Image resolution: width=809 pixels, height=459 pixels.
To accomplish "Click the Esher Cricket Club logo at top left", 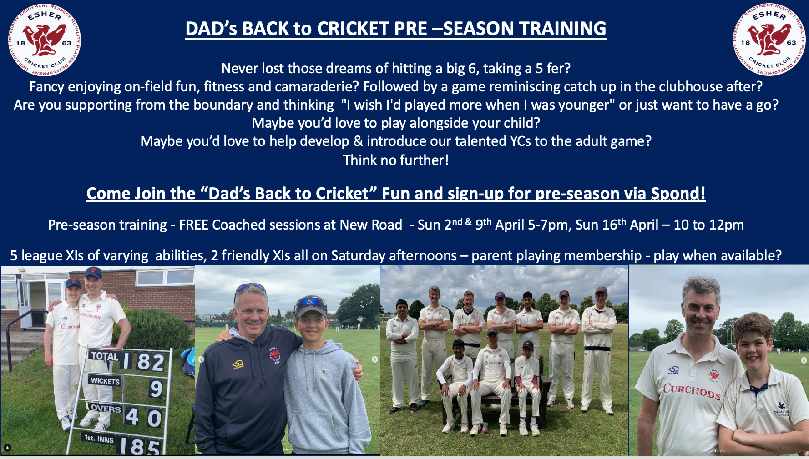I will tap(44, 40).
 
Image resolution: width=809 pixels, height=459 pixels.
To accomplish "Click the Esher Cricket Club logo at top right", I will tap(769, 40).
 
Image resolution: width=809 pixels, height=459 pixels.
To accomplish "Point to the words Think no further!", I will tap(395, 160).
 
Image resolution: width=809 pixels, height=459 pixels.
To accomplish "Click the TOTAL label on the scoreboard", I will tap(104, 356).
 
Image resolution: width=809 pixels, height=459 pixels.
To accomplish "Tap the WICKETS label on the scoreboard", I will tap(105, 381).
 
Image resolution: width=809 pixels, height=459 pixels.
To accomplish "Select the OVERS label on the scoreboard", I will tap(106, 408).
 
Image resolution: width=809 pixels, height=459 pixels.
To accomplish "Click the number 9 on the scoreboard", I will tap(156, 389).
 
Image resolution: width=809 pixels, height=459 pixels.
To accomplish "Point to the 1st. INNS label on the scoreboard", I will tap(99, 439).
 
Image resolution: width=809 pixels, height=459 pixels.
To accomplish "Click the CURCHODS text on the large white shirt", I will tap(692, 391).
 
